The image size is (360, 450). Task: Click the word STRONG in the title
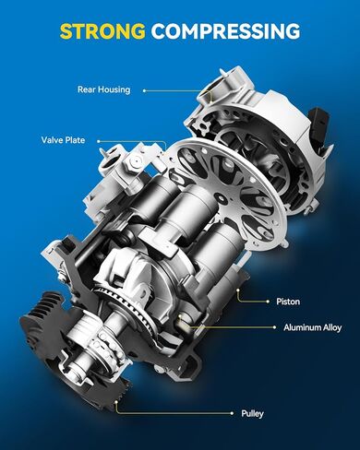click(102, 31)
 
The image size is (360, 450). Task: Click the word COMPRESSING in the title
click(225, 31)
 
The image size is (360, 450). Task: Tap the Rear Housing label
click(104, 89)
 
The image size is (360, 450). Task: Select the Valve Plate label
click(63, 141)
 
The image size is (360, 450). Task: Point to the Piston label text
click(287, 301)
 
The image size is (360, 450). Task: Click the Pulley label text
click(252, 414)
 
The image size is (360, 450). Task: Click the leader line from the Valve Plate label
click(129, 141)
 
